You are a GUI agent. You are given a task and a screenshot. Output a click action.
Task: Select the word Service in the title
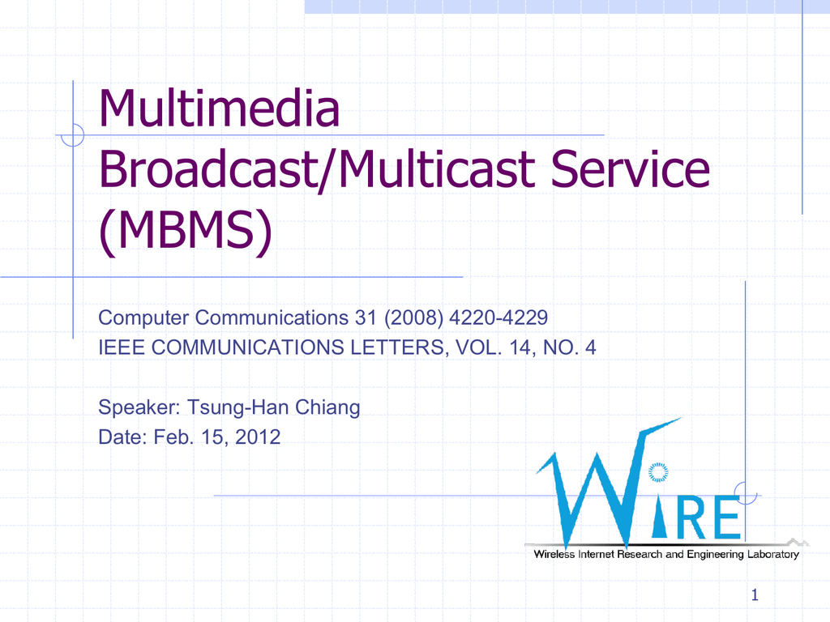click(631, 168)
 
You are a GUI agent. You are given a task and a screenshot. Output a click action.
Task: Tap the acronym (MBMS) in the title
click(186, 231)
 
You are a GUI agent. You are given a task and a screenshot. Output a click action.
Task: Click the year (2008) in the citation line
click(414, 317)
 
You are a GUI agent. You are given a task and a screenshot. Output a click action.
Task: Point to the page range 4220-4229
click(498, 317)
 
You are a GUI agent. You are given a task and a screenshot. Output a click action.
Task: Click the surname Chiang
click(327, 407)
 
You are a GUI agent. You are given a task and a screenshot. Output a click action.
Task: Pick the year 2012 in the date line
click(258, 437)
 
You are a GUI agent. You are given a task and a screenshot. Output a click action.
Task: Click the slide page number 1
click(755, 595)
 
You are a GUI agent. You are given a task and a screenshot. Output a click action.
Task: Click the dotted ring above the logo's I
click(658, 472)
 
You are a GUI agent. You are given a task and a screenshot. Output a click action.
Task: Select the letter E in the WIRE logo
click(725, 518)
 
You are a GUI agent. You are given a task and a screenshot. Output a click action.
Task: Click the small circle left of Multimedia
click(72, 135)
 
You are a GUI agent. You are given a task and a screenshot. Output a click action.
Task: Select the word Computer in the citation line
click(143, 317)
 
